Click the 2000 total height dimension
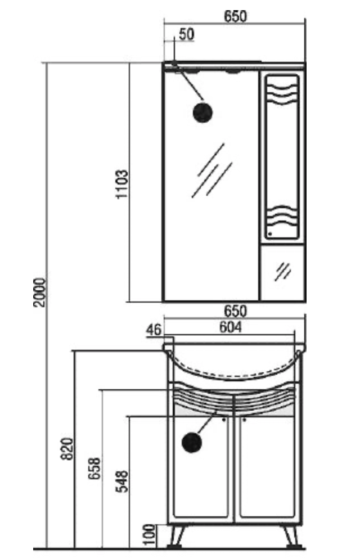[x=40, y=292]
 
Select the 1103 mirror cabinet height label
[x=123, y=184]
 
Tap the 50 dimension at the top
[x=186, y=34]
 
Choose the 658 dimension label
[x=94, y=469]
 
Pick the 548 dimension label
[x=122, y=481]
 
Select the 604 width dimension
[x=230, y=327]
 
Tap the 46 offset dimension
[x=154, y=330]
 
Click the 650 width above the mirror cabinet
[x=235, y=16]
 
